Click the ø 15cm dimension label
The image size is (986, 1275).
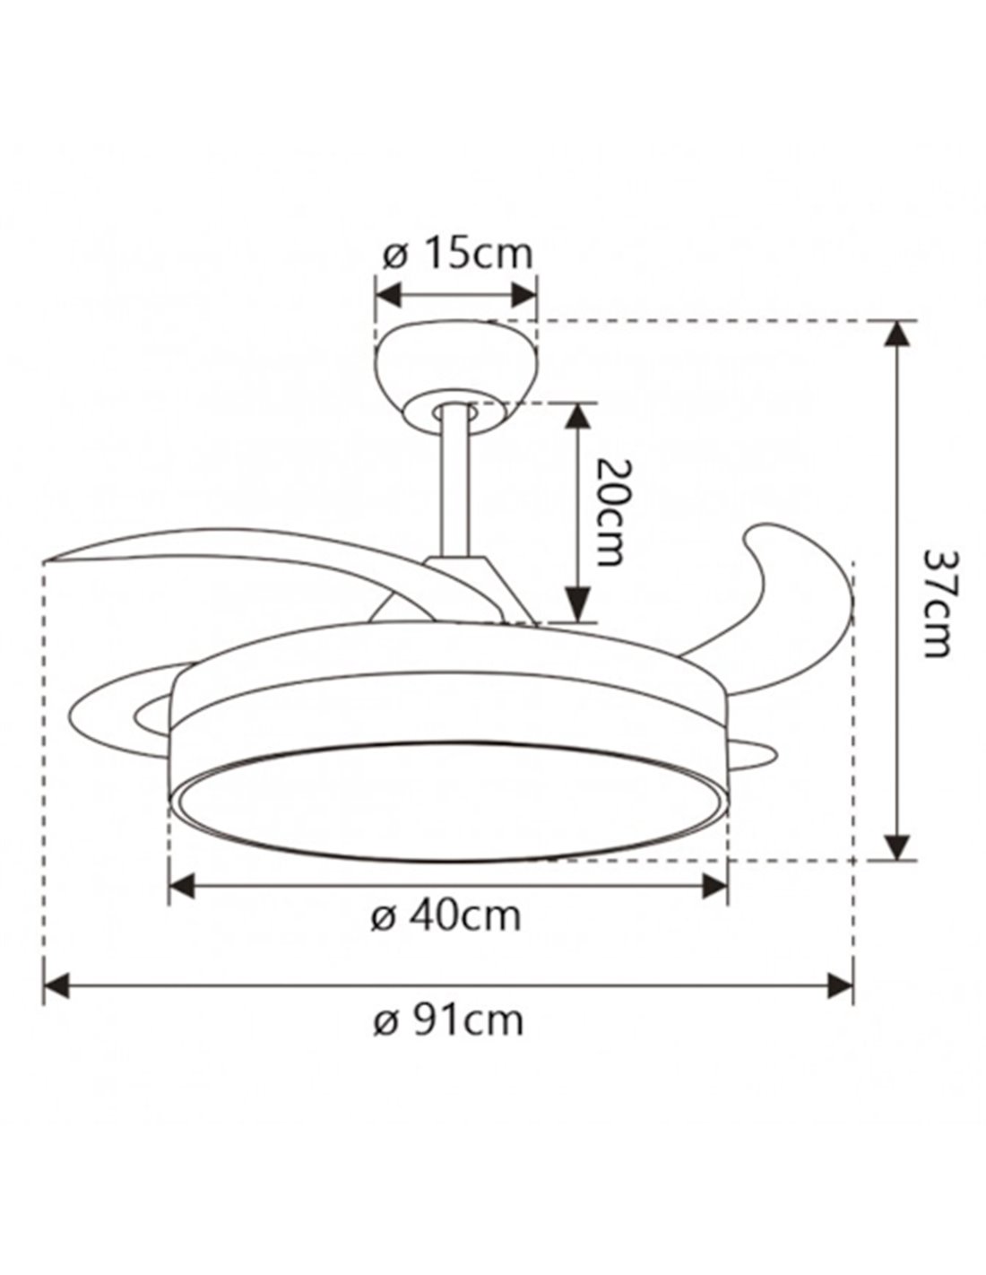click(457, 254)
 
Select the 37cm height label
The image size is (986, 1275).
click(935, 603)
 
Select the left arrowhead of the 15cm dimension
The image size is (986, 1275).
click(388, 295)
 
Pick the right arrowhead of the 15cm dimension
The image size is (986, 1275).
click(523, 295)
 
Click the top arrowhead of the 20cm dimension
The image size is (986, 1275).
click(578, 416)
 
